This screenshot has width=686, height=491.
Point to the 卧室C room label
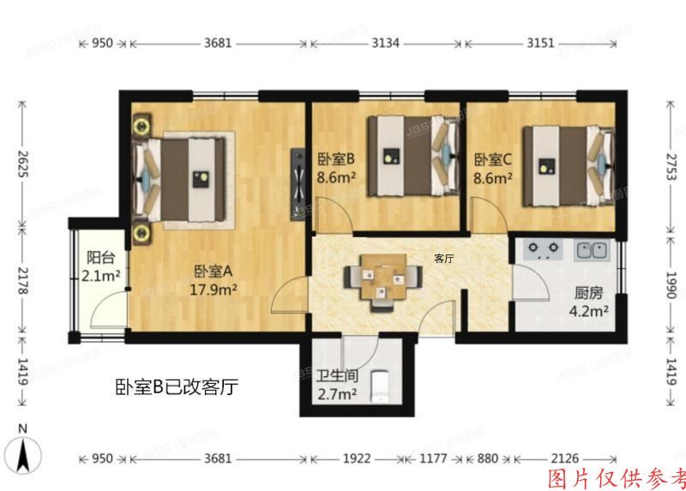(x=493, y=159)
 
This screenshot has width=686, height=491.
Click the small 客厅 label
(x=444, y=258)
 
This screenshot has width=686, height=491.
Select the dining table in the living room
(x=382, y=277)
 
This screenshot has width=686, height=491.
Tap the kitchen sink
(x=591, y=251)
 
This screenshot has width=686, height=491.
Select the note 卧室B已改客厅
(x=176, y=387)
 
